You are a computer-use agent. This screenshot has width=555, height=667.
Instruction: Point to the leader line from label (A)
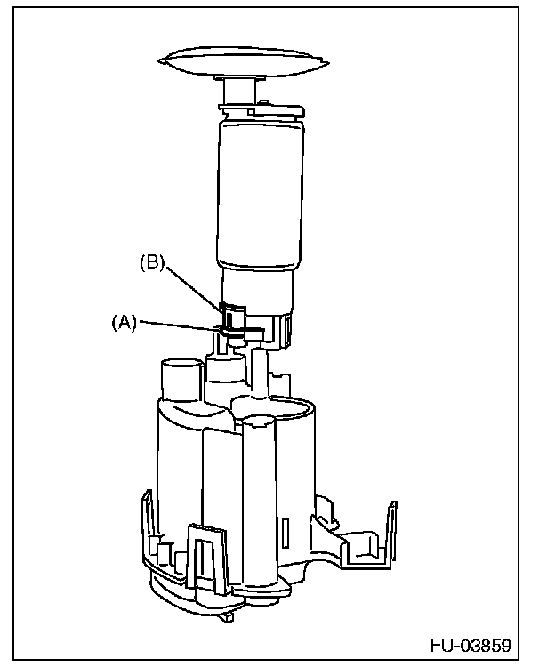[178, 326]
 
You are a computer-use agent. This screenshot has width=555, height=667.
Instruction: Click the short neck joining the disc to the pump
[239, 92]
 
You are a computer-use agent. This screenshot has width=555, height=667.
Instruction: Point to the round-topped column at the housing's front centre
[261, 498]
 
